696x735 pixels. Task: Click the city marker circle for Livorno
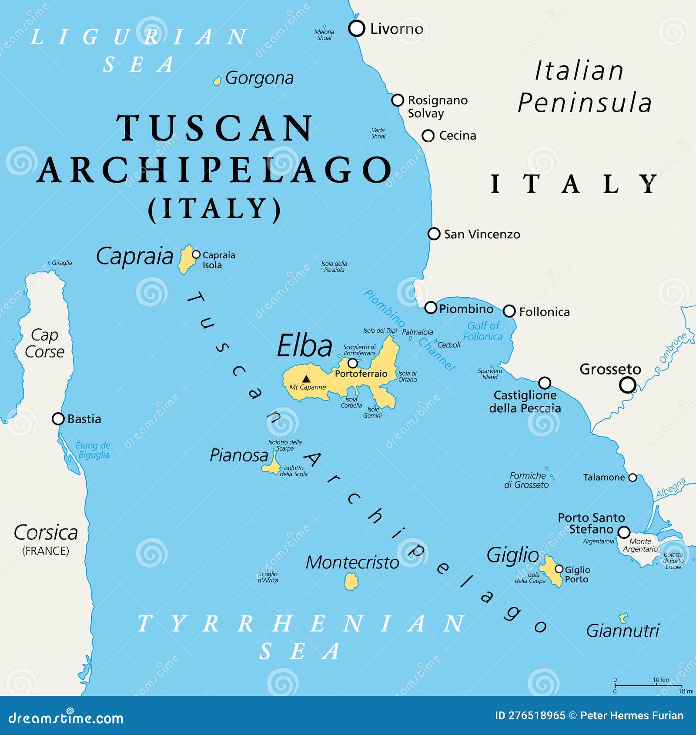tap(357, 29)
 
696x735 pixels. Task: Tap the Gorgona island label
tap(259, 78)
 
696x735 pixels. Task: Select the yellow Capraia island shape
tap(187, 259)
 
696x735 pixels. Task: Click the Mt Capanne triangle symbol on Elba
tap(306, 379)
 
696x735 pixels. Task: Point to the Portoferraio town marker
tap(353, 363)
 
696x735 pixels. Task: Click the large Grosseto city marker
tap(627, 385)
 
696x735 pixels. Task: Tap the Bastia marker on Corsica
tap(58, 419)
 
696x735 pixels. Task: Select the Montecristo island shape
tap(351, 581)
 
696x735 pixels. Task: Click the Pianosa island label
tap(239, 455)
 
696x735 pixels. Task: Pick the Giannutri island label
tap(622, 631)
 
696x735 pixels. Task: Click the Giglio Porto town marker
tap(559, 569)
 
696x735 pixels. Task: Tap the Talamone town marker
tap(633, 478)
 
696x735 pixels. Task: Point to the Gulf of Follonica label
tap(483, 331)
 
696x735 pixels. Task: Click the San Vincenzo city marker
tap(434, 234)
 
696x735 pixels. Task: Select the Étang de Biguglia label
tap(93, 450)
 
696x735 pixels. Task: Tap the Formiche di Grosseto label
tap(527, 480)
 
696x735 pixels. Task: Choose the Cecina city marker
tap(428, 136)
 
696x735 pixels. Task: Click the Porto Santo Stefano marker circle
tap(624, 532)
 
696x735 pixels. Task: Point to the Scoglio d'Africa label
tap(268, 577)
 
